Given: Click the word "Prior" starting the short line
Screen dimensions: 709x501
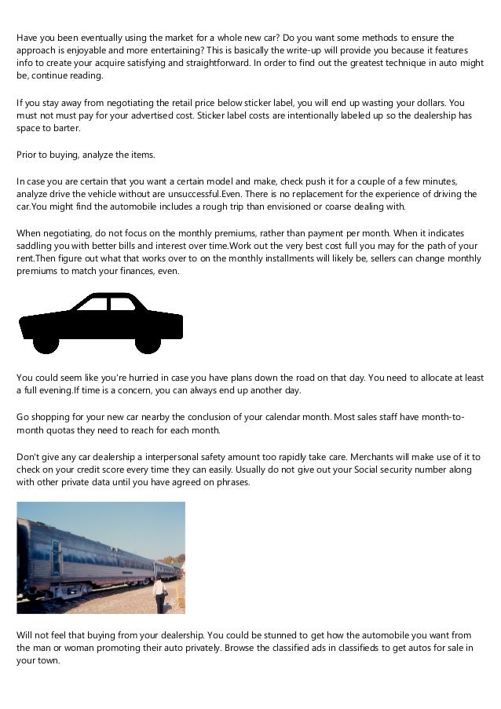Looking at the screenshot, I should (27, 154).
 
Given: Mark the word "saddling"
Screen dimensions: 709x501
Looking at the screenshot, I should (35, 246).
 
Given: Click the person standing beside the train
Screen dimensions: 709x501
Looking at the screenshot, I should (160, 594).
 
